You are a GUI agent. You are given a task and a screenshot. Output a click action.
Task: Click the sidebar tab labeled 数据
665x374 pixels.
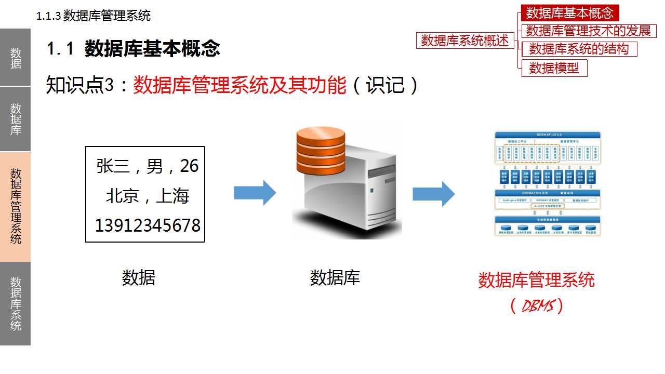[15, 57]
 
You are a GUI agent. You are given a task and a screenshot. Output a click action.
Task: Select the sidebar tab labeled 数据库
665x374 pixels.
[15, 119]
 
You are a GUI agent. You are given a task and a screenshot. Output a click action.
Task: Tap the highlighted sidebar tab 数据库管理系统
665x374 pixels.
[15, 206]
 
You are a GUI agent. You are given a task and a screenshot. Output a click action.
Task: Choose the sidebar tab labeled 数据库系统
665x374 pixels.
[15, 303]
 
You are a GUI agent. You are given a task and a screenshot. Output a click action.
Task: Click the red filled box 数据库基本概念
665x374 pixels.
[570, 13]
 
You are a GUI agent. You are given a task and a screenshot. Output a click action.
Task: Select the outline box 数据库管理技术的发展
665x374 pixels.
[589, 31]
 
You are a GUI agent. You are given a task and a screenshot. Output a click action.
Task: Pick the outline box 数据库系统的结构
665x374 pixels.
[579, 49]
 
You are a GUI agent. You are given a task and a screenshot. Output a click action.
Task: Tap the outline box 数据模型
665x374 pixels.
[554, 68]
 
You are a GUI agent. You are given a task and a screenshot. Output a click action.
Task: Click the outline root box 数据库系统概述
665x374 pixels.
[465, 40]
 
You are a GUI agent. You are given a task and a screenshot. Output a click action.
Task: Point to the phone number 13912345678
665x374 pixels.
[148, 225]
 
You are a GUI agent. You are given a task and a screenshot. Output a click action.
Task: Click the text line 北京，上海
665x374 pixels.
[148, 196]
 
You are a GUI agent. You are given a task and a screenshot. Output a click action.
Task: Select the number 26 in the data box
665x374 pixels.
[189, 166]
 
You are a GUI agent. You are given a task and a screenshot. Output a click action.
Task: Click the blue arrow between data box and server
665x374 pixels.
[255, 193]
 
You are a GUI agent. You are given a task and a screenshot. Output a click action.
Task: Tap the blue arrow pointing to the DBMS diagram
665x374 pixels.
[433, 193]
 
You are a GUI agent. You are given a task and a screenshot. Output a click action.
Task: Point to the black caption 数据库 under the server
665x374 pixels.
[335, 277]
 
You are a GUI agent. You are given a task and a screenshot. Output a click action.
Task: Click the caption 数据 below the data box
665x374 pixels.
[139, 277]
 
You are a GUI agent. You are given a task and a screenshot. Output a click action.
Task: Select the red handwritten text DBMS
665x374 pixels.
[536, 306]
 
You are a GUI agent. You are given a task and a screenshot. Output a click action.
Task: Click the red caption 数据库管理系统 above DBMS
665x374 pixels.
[536, 280]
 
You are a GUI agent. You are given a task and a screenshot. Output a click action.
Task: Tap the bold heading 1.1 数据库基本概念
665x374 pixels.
[134, 49]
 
